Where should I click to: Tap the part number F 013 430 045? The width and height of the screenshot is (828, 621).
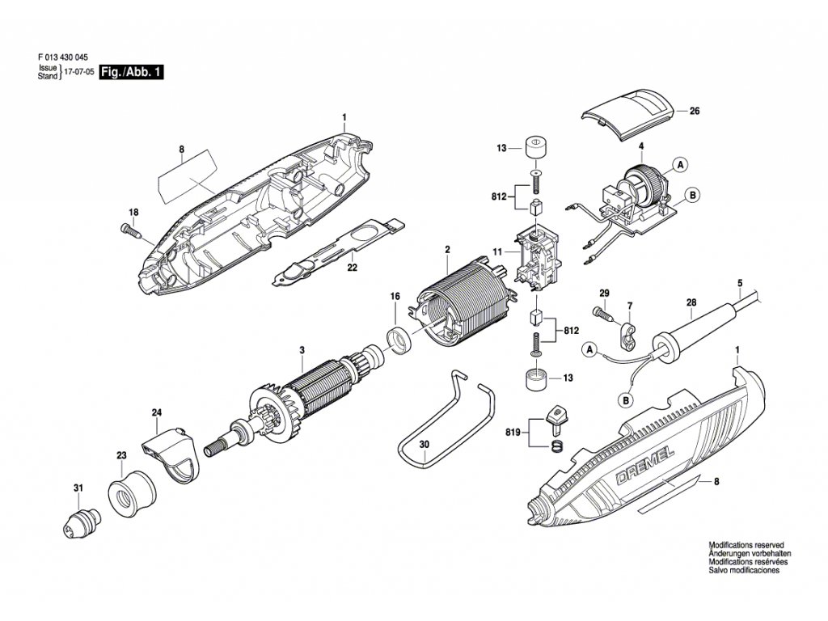coord(63,58)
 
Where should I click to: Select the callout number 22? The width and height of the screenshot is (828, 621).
coord(352,268)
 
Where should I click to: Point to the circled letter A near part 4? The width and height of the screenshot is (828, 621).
coord(681,164)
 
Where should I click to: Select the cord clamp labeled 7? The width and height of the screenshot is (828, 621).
coord(627,332)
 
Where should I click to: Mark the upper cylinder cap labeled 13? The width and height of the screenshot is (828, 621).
coord(533,148)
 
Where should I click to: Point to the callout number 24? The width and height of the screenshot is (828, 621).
coord(157,413)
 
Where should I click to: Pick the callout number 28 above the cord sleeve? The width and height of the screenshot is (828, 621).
coord(691,304)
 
